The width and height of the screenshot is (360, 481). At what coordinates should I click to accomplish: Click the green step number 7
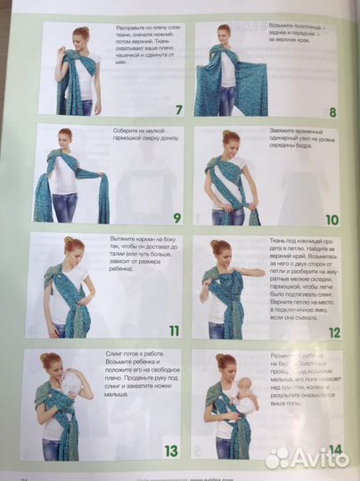coord(177,110)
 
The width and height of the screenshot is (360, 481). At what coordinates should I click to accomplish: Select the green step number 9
coord(176,217)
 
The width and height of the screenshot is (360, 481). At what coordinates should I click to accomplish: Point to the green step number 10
coord(331,219)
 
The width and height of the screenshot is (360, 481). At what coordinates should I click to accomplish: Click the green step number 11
coord(174,330)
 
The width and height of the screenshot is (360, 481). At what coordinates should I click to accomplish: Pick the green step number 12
coord(333,332)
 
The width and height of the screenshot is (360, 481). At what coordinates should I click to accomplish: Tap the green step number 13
coord(172,451)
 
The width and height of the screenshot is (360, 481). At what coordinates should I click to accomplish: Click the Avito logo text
coord(315,458)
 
